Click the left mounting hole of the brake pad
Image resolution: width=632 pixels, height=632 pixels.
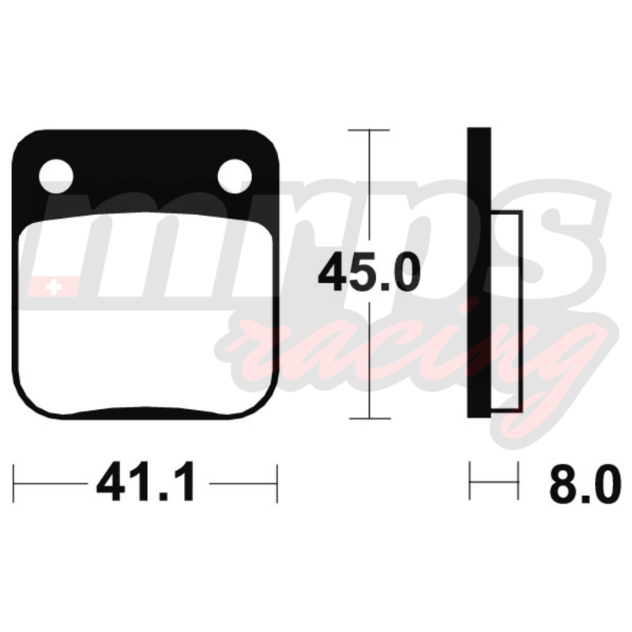(x=56, y=176)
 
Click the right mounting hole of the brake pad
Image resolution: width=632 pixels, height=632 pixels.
(x=235, y=176)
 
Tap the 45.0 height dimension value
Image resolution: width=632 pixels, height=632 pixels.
(x=369, y=272)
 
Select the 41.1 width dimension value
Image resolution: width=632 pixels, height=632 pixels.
(x=146, y=482)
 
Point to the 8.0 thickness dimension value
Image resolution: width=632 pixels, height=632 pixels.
(x=585, y=484)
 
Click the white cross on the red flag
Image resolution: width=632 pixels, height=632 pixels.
(x=54, y=287)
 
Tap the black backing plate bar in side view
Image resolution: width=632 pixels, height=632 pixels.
(x=479, y=273)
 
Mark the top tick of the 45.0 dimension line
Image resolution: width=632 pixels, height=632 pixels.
(x=368, y=130)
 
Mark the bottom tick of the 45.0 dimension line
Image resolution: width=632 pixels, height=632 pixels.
(x=370, y=419)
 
